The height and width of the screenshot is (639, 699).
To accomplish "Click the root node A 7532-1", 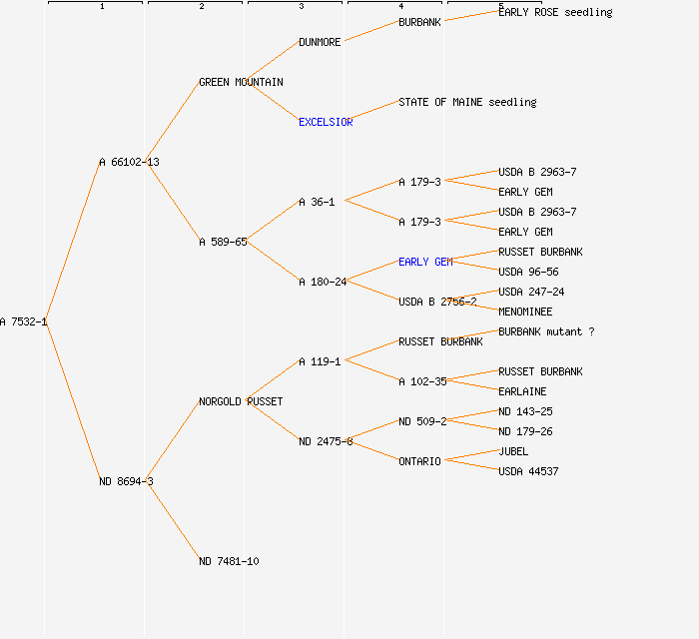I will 23,321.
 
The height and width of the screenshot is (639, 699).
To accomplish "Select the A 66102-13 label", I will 129,162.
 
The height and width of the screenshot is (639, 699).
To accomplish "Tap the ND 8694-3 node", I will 126,481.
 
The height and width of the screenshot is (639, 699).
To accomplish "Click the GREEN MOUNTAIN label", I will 241,82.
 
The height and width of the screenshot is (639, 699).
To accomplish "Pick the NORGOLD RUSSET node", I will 241,401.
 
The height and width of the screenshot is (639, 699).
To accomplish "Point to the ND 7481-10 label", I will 229,561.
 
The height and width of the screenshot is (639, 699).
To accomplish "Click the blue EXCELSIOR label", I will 326,122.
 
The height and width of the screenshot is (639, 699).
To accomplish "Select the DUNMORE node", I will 320,42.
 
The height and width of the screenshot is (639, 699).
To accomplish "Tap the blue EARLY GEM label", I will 425,262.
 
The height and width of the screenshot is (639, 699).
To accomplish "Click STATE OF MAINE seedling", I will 467,102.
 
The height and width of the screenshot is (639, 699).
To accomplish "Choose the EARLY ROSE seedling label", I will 555,12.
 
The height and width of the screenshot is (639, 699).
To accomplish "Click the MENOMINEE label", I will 525,312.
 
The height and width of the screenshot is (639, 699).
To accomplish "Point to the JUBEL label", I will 513,451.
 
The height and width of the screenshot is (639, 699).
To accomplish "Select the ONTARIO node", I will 419,461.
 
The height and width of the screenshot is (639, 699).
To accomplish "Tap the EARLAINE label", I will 522,391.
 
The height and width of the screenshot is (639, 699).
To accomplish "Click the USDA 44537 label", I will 528,471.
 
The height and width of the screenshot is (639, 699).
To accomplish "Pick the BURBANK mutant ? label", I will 546,331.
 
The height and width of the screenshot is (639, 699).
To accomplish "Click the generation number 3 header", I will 301,7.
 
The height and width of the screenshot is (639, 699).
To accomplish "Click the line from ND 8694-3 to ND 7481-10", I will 174,521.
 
